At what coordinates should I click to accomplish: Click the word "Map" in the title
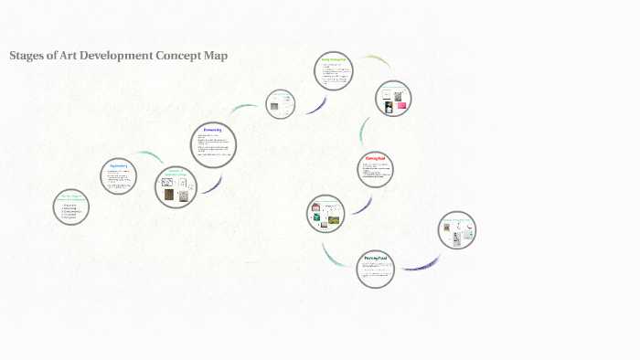coord(215,56)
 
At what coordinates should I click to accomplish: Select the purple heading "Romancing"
coord(213,131)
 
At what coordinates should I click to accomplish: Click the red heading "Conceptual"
coord(375,158)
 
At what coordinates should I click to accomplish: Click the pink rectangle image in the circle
coord(401,106)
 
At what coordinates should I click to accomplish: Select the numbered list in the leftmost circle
coord(69,213)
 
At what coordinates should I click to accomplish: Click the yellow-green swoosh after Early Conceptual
coord(375,61)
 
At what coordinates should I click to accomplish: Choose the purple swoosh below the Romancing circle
coord(212,185)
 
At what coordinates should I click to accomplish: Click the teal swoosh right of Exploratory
coord(150,157)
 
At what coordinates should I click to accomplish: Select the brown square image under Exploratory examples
coord(168,195)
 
